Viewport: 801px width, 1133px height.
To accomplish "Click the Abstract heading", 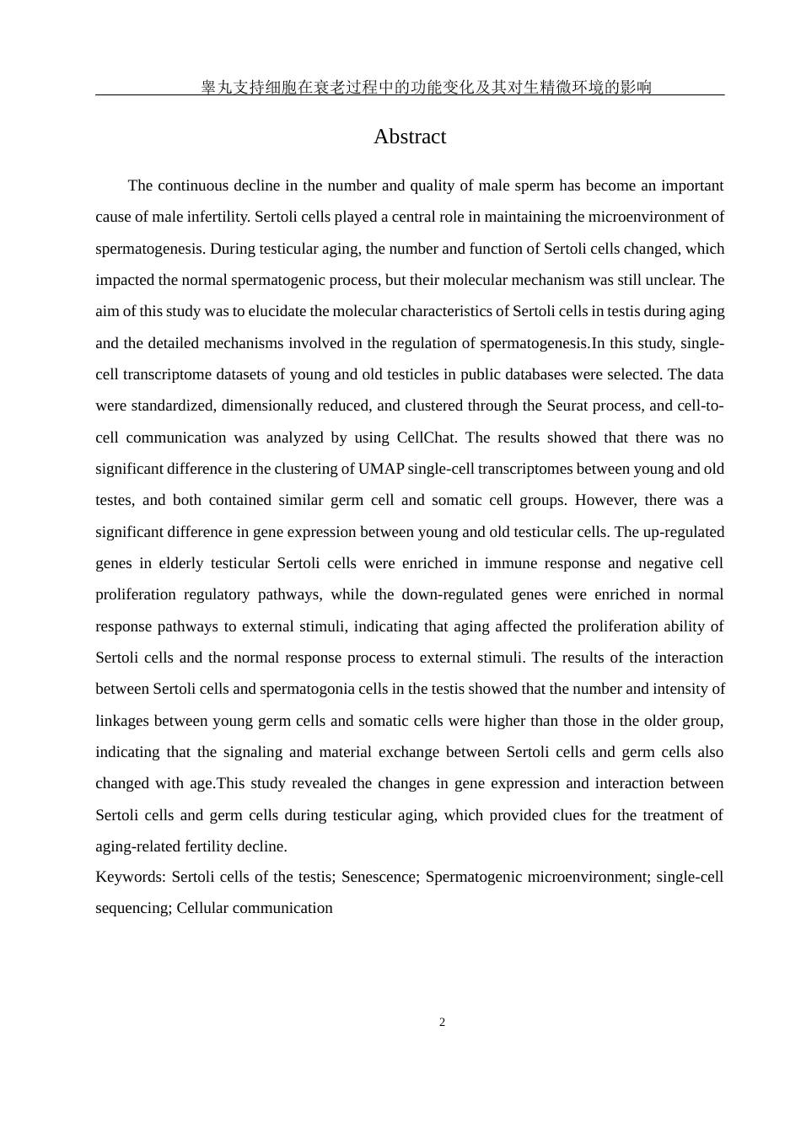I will click(410, 137).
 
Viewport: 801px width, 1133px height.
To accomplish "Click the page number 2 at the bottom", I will click(442, 1023).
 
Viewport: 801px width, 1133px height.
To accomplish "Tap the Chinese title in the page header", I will click(426, 87).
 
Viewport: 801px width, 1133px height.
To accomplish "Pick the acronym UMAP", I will click(381, 469).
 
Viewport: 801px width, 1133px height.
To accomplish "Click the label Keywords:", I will click(131, 877).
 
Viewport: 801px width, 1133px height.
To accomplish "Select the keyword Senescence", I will click(379, 877).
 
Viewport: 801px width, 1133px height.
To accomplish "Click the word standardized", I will click(171, 405).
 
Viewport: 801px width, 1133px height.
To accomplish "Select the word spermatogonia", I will click(307, 689).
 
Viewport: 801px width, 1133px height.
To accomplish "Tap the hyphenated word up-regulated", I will click(680, 532).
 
